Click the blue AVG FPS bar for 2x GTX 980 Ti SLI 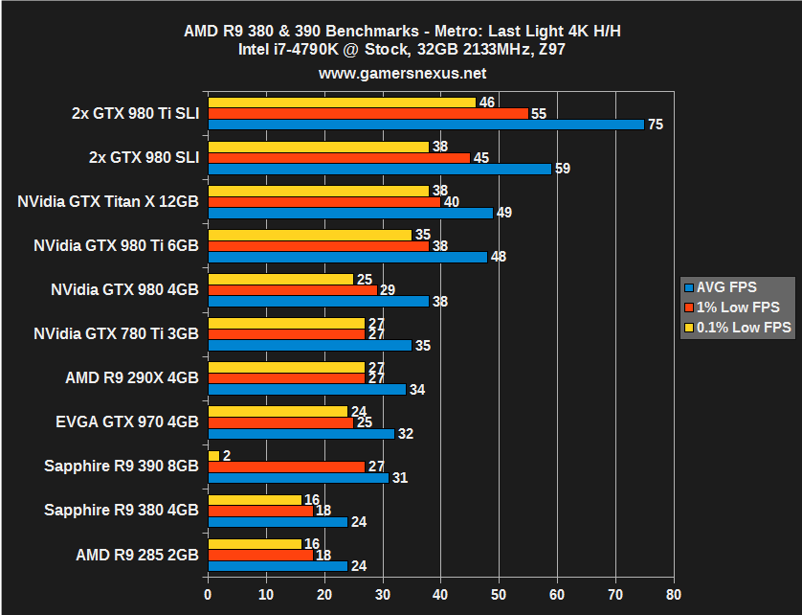click(426, 125)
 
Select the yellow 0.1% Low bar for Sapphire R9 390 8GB click(213, 456)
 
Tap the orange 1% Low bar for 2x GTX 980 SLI click(339, 158)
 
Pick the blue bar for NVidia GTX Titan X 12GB click(350, 213)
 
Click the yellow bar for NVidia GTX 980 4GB click(280, 279)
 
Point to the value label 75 click(656, 125)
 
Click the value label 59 click(562, 169)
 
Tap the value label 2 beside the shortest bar click(228, 456)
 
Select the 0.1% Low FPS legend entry click(737, 328)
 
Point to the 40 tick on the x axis click(441, 593)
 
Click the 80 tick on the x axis click(675, 593)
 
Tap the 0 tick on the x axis click(208, 593)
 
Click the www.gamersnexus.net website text click(401, 73)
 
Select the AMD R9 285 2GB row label click(137, 555)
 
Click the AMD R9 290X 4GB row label click(133, 378)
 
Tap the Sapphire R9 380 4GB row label click(122, 511)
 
